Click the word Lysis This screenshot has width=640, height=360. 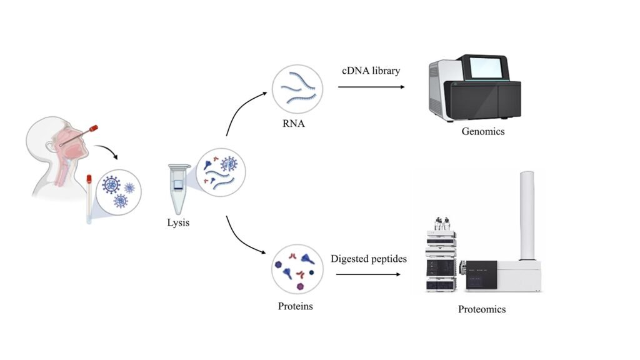click(178, 223)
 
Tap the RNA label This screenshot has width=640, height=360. click(294, 124)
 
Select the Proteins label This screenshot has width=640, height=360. click(295, 306)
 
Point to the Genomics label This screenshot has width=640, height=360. click(483, 131)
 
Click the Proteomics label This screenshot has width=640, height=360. click(482, 309)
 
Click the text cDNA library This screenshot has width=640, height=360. click(371, 71)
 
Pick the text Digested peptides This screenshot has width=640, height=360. click(369, 259)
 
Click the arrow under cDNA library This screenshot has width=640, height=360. click(371, 87)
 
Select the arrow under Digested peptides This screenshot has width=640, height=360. click(368, 274)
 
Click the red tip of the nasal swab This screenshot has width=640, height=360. click(93, 128)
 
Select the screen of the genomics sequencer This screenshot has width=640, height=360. click(487, 67)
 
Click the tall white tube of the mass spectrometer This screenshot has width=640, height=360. click(527, 216)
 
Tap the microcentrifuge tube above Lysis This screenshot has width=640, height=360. click(178, 189)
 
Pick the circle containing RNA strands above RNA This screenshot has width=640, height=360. click(297, 89)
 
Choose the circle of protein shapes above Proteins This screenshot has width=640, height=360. click(297, 269)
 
